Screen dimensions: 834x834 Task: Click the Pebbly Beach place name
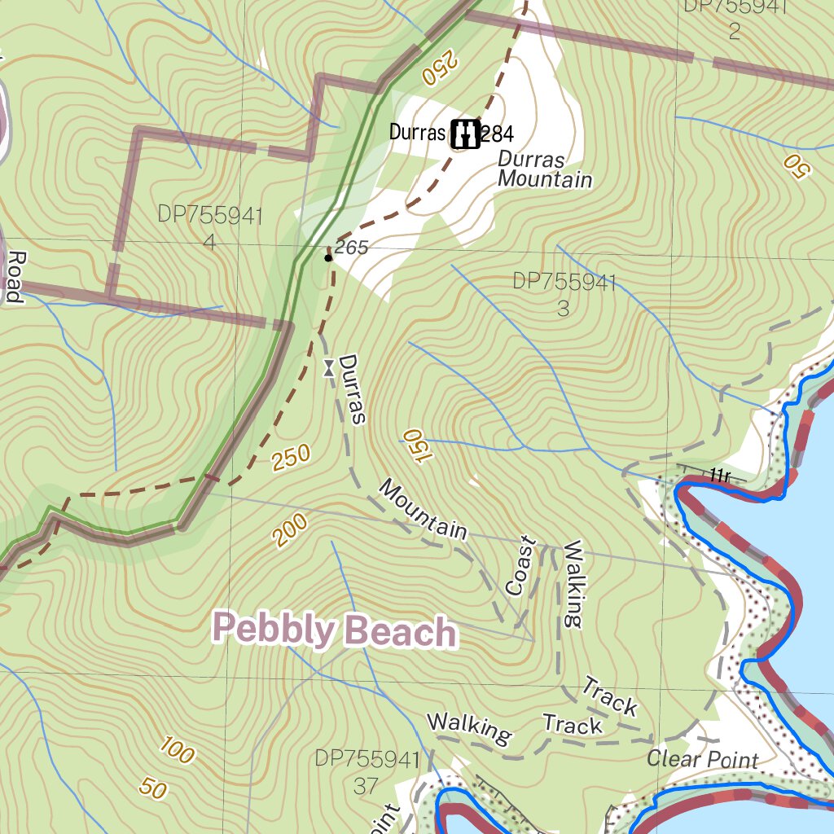tap(334, 632)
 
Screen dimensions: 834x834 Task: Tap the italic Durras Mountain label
tap(543, 169)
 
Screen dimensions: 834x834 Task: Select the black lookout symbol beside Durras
tap(465, 133)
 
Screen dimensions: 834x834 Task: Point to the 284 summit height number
tap(497, 133)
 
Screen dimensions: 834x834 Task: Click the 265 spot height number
tap(352, 248)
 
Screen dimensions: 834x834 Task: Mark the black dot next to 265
tap(327, 258)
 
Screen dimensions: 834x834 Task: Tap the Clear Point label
tap(702, 760)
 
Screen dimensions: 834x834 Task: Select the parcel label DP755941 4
tap(210, 228)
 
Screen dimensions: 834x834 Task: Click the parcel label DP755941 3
tap(564, 294)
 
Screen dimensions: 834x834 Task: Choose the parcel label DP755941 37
tap(367, 772)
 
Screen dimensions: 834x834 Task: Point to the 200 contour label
tap(291, 530)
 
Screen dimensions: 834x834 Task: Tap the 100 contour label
tap(176, 750)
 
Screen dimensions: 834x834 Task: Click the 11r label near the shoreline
tap(718, 476)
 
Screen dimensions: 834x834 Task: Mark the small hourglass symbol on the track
tap(327, 368)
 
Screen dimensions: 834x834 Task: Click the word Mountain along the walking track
tap(424, 510)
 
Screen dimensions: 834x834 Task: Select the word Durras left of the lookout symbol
tap(418, 133)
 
